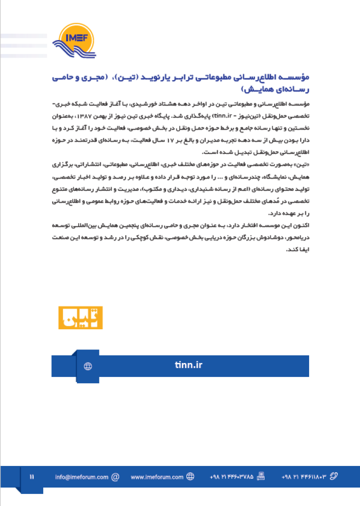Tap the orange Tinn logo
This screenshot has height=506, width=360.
pos(81,318)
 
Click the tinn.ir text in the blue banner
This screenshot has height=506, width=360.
pos(188,365)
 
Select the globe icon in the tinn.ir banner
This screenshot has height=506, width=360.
pos(88,366)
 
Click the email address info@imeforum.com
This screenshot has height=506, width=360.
pos(82,477)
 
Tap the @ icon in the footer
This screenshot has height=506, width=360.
pos(115,477)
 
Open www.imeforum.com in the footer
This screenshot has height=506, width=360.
pos(157,477)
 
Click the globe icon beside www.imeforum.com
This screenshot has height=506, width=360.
pos(190,477)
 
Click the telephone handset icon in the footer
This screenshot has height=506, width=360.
pos(334,477)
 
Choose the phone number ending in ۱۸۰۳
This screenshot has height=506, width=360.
pos(303,477)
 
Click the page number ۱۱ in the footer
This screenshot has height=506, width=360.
pos(32,477)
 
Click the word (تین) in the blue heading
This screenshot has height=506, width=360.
pos(143,78)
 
